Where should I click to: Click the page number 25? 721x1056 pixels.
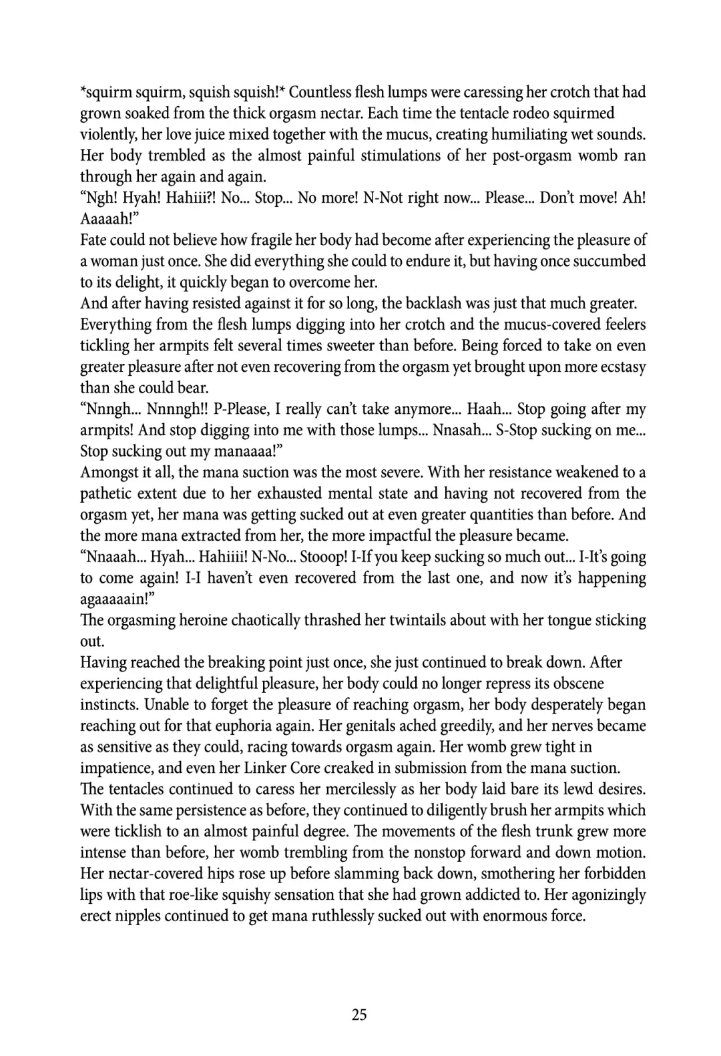click(359, 1015)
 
